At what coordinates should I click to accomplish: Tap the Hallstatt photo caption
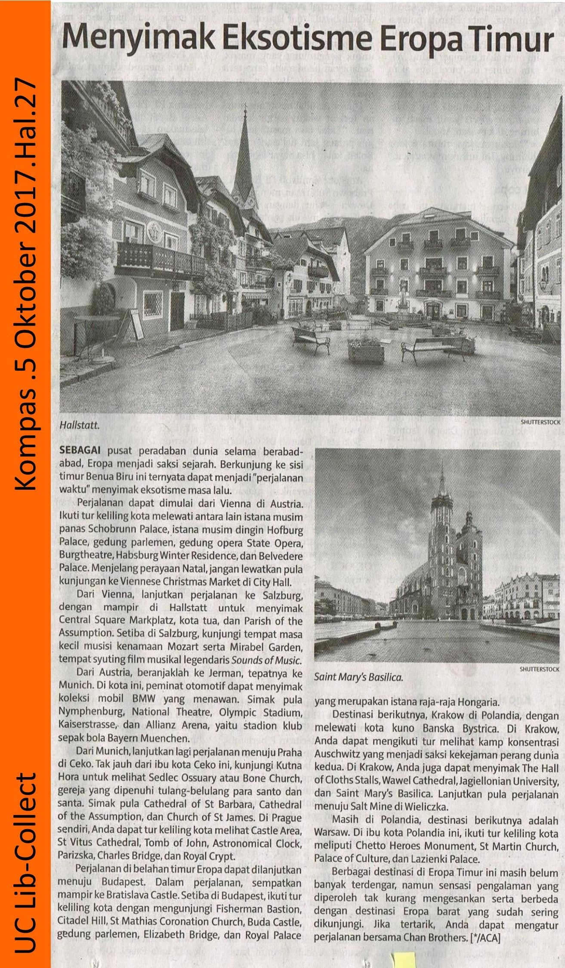tap(79, 425)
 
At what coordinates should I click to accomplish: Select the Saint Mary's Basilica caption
tap(358, 677)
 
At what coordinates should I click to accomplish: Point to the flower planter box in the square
tap(366, 352)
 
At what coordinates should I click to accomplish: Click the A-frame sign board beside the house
tap(132, 323)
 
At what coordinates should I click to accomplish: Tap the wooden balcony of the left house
tap(159, 259)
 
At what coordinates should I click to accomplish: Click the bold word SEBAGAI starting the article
tap(80, 451)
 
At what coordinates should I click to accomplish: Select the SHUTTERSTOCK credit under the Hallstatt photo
tap(540, 422)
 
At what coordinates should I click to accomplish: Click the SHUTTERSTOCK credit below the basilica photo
tap(539, 669)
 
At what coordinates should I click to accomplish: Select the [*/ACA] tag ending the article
tap(485, 937)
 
